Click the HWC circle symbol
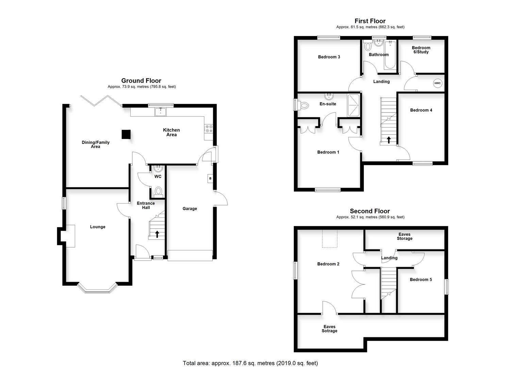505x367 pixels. click(x=437, y=83)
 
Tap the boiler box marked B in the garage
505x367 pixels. click(x=210, y=178)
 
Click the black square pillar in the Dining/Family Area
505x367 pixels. click(x=126, y=135)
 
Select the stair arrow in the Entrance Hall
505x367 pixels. click(x=157, y=234)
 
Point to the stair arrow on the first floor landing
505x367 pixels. click(x=388, y=139)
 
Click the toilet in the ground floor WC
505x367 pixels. click(x=158, y=191)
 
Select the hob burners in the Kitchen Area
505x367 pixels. click(x=208, y=128)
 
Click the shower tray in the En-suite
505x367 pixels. click(x=353, y=105)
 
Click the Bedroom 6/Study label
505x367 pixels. click(x=421, y=50)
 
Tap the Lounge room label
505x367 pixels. click(x=98, y=227)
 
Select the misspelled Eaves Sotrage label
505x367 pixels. click(x=329, y=329)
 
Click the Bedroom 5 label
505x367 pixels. click(x=421, y=279)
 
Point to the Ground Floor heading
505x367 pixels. click(x=141, y=81)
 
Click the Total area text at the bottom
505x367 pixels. click(x=250, y=363)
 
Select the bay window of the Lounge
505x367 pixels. click(x=98, y=289)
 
